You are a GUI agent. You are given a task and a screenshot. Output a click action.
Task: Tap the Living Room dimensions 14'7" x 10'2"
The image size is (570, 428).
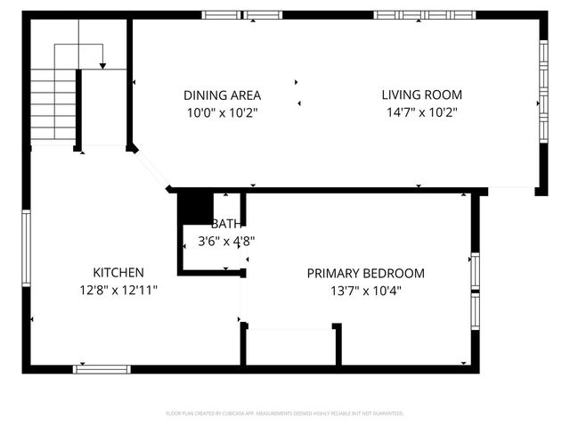421,112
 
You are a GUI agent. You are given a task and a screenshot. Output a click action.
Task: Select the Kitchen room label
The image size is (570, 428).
118,272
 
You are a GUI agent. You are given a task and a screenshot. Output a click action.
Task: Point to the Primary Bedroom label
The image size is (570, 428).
365,274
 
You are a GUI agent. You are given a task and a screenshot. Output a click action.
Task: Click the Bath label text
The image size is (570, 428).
226,224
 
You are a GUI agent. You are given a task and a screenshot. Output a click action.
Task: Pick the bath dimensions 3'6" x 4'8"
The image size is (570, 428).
225,240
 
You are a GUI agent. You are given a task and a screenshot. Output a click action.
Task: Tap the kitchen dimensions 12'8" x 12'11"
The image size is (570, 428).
118,289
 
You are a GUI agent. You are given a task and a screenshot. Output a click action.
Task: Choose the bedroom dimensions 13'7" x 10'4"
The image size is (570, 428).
365,290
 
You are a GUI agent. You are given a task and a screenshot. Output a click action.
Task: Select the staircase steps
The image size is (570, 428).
53,105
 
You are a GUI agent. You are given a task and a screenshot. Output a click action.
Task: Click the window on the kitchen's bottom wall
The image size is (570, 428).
102,368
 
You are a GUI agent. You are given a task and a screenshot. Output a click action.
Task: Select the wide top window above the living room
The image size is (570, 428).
424,15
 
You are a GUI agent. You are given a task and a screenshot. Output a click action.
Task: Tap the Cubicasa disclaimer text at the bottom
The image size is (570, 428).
285,414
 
